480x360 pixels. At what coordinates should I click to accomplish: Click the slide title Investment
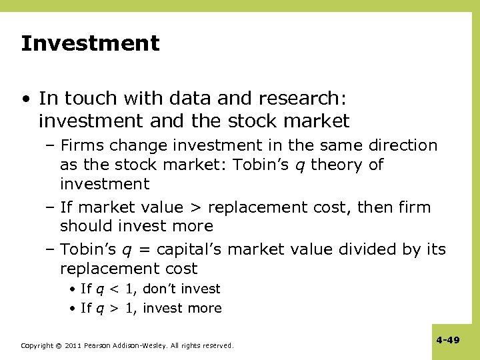click(x=90, y=44)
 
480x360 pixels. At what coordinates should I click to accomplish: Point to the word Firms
click(x=82, y=145)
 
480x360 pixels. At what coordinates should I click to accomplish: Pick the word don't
click(x=161, y=289)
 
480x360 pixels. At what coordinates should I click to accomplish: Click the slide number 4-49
click(x=448, y=341)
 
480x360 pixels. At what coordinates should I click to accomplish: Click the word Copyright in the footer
click(x=37, y=346)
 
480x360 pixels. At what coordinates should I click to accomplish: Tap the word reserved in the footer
click(x=216, y=346)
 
